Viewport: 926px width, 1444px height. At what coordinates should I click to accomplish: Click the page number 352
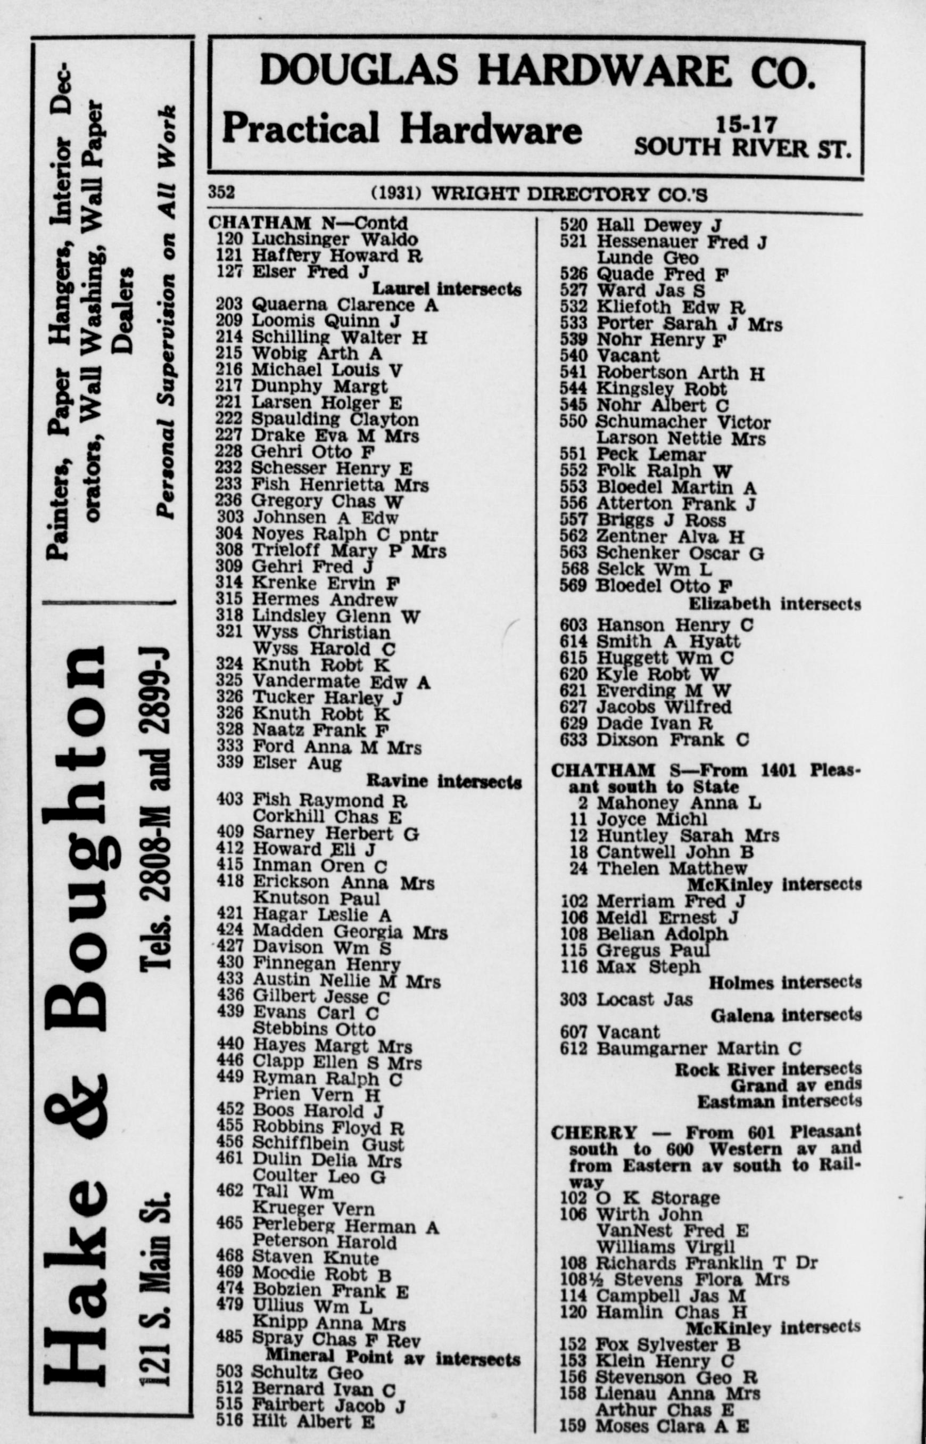click(x=221, y=192)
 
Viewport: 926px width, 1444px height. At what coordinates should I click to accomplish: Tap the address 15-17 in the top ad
click(x=746, y=125)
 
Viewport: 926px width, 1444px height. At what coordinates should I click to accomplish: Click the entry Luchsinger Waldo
click(x=334, y=239)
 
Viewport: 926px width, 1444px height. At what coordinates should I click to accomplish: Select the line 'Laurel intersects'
click(x=446, y=289)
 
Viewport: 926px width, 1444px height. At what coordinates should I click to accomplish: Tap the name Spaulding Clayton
click(x=334, y=419)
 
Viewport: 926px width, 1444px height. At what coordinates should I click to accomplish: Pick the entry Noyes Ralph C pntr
click(x=344, y=534)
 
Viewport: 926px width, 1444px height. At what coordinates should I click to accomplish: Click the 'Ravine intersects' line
click(x=444, y=781)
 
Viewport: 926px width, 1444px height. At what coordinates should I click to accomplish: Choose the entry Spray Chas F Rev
click(x=336, y=1340)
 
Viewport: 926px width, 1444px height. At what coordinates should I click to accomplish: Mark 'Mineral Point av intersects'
click(x=393, y=1357)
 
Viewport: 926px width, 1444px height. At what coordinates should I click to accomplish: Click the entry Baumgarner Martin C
click(x=698, y=1048)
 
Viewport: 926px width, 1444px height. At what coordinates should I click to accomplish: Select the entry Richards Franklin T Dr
click(x=707, y=1262)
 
